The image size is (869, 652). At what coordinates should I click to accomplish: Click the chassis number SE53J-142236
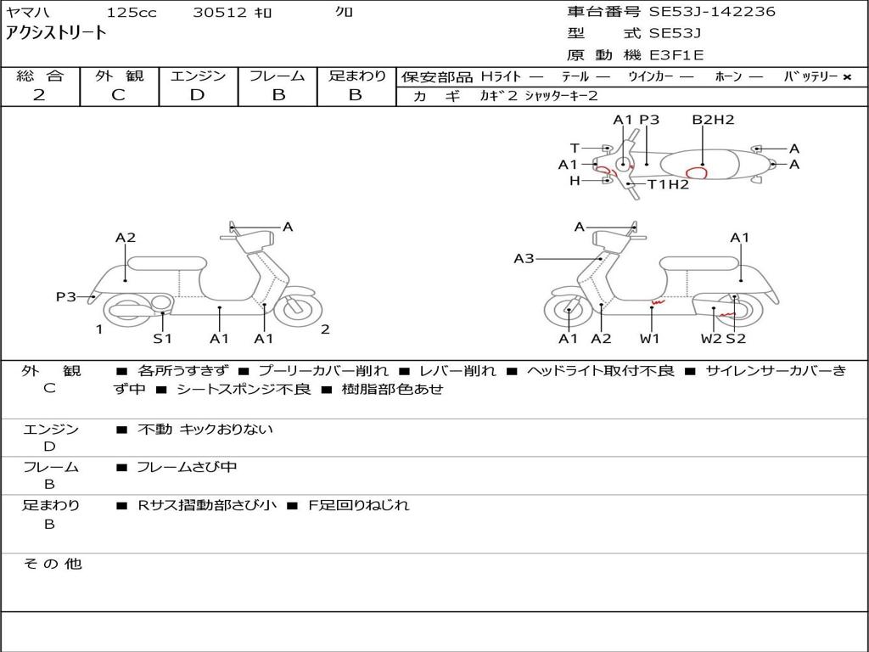pyautogui.click(x=712, y=12)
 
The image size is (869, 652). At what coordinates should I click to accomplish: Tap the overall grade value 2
pyautogui.click(x=39, y=95)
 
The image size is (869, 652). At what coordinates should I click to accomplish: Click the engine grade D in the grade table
pyautogui.click(x=197, y=95)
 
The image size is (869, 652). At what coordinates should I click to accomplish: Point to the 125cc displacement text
pyautogui.click(x=132, y=12)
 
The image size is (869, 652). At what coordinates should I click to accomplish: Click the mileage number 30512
pyautogui.click(x=220, y=12)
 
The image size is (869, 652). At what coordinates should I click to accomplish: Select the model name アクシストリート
pyautogui.click(x=56, y=33)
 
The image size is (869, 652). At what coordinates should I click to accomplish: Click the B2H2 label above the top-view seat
pyautogui.click(x=713, y=120)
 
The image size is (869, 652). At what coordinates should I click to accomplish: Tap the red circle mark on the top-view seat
pyautogui.click(x=697, y=172)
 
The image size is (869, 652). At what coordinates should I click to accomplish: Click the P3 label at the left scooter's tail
pyautogui.click(x=66, y=297)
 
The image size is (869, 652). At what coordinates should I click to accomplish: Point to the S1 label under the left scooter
pyautogui.click(x=162, y=338)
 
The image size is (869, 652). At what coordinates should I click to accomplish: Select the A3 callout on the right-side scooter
pyautogui.click(x=524, y=258)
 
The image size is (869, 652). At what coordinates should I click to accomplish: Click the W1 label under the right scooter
pyautogui.click(x=649, y=338)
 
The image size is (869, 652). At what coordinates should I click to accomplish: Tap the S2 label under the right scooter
pyautogui.click(x=736, y=338)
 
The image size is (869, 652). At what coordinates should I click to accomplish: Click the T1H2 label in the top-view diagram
pyautogui.click(x=669, y=184)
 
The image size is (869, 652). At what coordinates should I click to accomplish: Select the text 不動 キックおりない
pyautogui.click(x=205, y=429)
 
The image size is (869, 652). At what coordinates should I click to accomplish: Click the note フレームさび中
pyautogui.click(x=187, y=467)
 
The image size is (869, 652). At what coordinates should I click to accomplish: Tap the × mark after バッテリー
pyautogui.click(x=847, y=77)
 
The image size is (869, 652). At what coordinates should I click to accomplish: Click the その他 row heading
pyautogui.click(x=53, y=564)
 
